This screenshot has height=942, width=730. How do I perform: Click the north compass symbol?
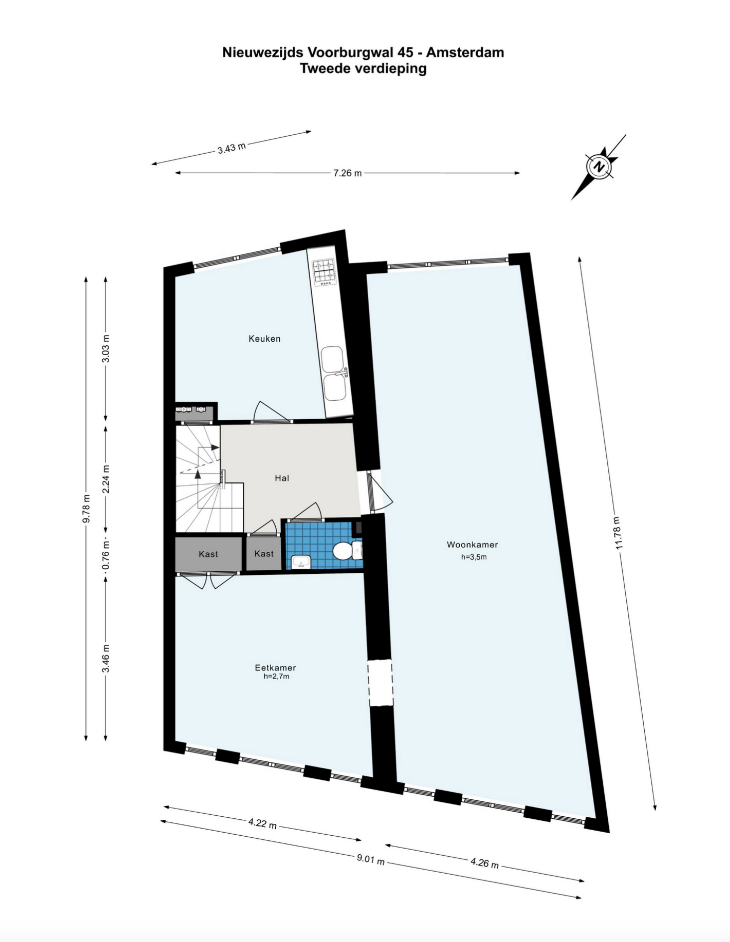(599, 167)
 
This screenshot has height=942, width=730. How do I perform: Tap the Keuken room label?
(264, 339)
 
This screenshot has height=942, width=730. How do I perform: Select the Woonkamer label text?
(472, 545)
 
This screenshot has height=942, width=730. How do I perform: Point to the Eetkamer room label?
(275, 668)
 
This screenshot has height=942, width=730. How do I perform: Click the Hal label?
(282, 478)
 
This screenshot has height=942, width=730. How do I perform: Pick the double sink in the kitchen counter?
(334, 373)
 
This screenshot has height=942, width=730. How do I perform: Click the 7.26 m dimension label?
(348, 173)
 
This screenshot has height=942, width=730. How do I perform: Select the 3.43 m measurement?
(231, 148)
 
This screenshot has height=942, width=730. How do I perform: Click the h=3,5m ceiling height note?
(474, 557)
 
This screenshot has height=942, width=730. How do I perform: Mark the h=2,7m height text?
(276, 677)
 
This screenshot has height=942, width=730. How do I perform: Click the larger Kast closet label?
(208, 554)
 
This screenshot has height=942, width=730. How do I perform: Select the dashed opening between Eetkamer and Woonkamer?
(380, 684)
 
